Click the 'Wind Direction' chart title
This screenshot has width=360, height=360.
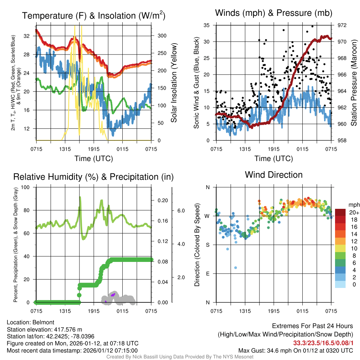274,175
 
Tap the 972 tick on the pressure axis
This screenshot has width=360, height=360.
342,25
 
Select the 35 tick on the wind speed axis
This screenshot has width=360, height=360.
207,25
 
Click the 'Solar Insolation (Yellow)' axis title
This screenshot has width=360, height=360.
174,83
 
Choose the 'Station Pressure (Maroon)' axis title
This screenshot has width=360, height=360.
354,83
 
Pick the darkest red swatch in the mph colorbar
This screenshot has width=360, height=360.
340,213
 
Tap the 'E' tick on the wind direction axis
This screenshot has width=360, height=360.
207,274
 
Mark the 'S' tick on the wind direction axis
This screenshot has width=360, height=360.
207,245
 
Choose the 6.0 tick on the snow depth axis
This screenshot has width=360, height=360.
181,211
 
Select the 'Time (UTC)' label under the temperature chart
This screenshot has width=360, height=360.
94,159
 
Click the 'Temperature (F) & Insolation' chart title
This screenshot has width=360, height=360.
94,15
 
